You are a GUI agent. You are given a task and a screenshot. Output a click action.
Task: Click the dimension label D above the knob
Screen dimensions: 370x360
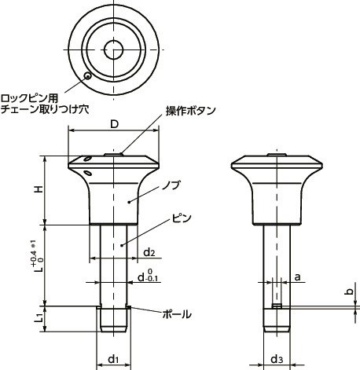click(114, 125)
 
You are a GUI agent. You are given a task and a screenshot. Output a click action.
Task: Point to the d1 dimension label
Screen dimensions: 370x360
click(112, 359)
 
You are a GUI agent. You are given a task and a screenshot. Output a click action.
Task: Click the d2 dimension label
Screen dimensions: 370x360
click(149, 251)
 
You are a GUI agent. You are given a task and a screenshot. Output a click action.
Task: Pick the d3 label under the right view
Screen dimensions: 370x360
click(275, 359)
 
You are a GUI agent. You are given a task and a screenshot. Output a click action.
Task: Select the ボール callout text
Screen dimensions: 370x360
click(175, 313)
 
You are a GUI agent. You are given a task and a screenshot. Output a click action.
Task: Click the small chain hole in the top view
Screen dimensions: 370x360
click(87, 76)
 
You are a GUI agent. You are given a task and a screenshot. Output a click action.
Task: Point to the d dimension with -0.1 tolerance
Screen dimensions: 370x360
click(146, 277)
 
